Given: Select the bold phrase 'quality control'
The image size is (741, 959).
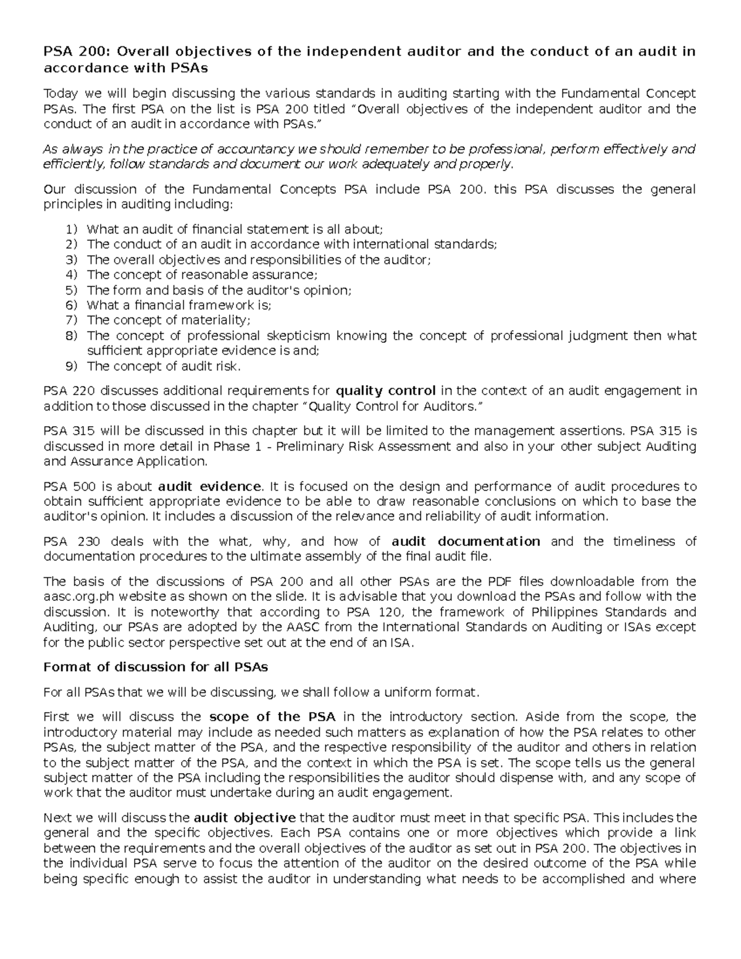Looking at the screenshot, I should pos(385,391).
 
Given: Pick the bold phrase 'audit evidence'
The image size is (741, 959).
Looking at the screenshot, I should pos(210,487).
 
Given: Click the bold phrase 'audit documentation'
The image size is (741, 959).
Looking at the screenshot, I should pos(466,542).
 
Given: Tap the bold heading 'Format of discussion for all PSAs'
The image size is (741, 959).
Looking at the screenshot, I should pos(156,667).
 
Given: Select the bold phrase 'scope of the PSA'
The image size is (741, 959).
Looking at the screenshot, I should pos(272,717).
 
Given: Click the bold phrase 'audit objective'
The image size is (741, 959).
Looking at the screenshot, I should pos(245,818).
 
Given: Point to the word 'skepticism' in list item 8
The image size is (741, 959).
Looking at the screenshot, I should pos(299,336).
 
